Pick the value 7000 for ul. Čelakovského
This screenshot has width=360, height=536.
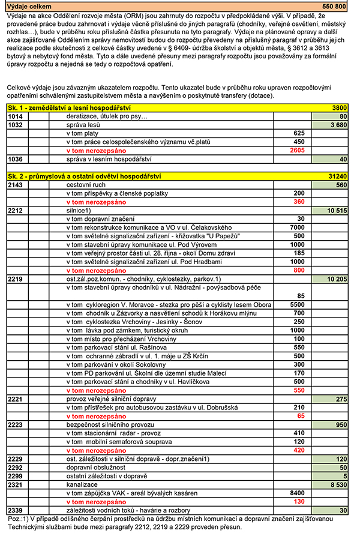[296, 227]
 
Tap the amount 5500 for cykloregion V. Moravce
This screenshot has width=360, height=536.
[296, 304]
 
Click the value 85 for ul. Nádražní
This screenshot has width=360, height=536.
[300, 295]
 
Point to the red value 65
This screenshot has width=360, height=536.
[301, 415]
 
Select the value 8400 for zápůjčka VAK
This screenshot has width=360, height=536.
[296, 493]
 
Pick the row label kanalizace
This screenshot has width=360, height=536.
[83, 484]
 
